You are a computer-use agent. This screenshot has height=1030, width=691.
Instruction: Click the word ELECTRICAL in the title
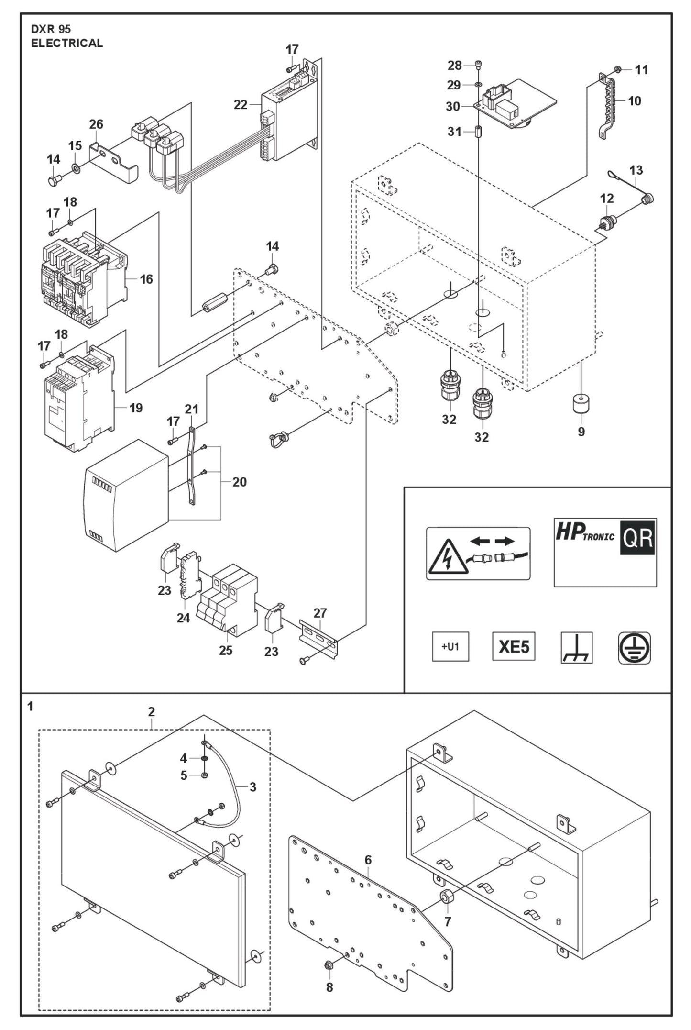coord(67,43)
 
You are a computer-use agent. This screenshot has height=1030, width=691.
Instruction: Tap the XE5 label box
coord(514,647)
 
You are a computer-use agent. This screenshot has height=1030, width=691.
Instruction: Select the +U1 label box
coord(450,647)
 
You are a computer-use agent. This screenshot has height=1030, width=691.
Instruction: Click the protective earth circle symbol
coord(634,648)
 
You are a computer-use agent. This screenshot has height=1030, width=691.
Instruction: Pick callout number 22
coord(241,105)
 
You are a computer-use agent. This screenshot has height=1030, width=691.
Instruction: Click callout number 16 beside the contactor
coord(146,279)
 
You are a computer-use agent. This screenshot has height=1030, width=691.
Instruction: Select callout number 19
coord(136,408)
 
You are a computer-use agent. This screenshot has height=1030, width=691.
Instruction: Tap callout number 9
coord(581,432)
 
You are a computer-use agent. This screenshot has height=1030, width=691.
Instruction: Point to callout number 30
coord(452,106)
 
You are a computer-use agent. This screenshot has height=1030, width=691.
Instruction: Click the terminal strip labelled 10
coord(606,106)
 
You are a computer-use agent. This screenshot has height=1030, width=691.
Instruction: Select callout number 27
coord(320,613)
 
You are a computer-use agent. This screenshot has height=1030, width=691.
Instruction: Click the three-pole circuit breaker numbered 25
coord(228,600)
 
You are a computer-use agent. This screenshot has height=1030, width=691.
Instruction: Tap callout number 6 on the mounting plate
coord(368,860)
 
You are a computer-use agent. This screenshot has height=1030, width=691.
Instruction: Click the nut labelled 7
coord(447,897)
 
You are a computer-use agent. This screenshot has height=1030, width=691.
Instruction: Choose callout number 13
coord(636,170)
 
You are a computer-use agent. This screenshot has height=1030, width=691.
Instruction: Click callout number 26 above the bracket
coord(96,124)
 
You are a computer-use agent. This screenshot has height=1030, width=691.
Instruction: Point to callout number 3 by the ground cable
coord(253,787)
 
